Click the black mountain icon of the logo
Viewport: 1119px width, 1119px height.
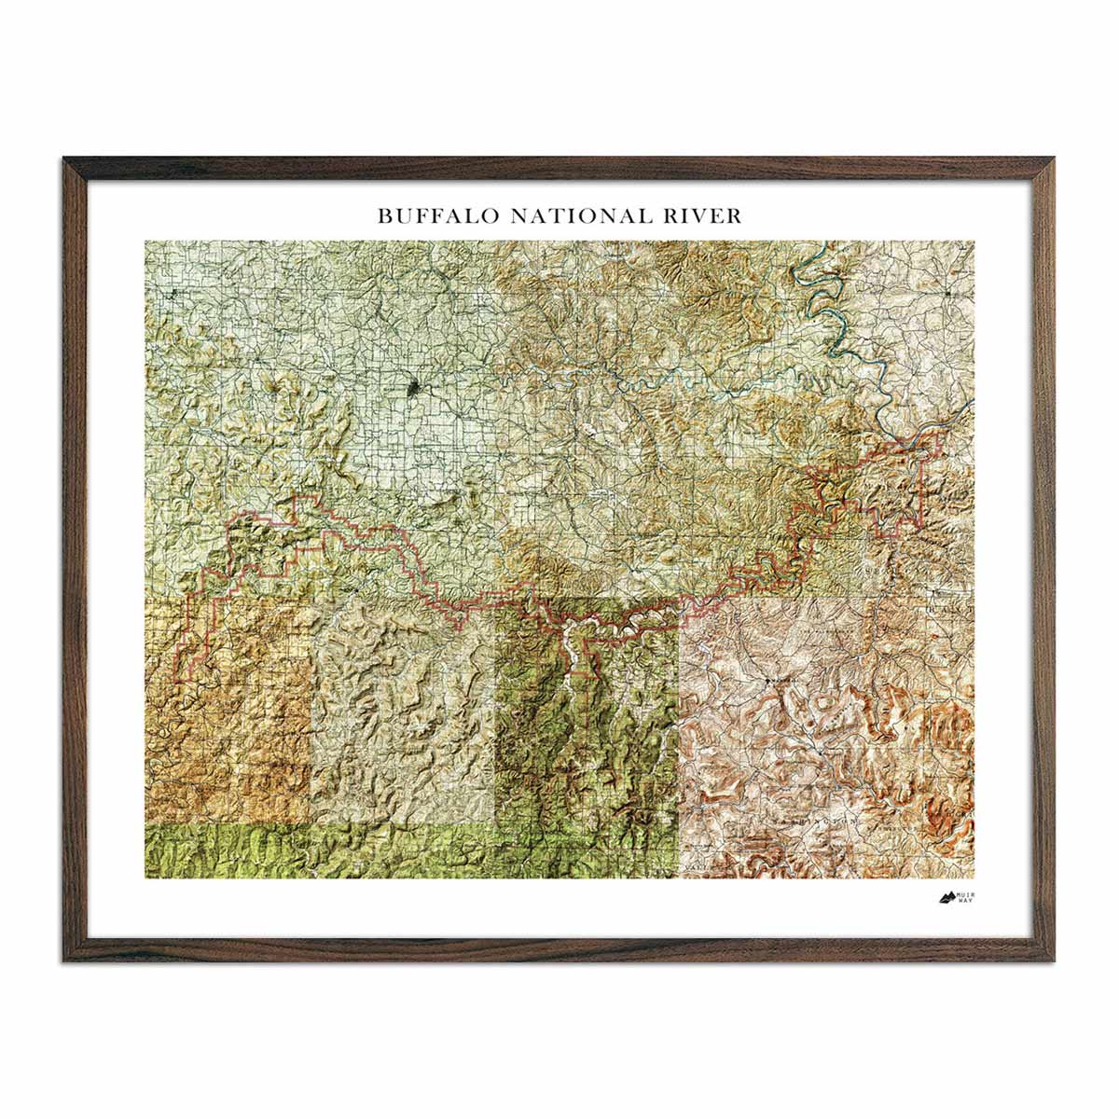946,899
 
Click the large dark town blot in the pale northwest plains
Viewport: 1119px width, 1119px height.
412,386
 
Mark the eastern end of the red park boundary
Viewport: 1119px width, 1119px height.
923,466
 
